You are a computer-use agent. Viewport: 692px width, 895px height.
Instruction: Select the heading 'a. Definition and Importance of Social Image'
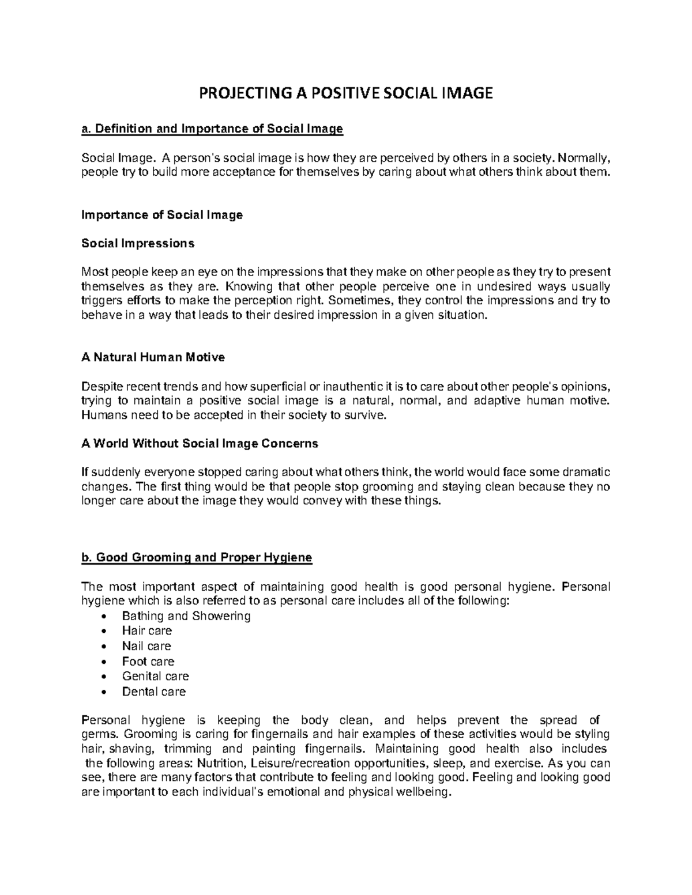212,129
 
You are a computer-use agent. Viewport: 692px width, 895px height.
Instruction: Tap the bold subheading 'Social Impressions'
138,243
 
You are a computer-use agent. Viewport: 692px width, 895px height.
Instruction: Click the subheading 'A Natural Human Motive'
153,357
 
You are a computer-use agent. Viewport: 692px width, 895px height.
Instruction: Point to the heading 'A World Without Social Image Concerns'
200,444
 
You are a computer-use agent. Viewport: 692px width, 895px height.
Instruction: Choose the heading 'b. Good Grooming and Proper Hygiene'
197,557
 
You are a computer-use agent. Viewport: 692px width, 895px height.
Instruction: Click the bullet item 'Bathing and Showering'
186,616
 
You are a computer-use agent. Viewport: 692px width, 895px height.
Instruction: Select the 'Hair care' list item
146,631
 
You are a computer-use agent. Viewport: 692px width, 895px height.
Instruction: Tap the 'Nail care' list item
146,646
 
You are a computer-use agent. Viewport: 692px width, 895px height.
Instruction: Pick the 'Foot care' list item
148,662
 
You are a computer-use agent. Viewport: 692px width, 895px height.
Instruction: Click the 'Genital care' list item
155,676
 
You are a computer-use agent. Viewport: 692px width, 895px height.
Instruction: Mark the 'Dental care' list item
153,692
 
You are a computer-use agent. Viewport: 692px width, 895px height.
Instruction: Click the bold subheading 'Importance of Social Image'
162,215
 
